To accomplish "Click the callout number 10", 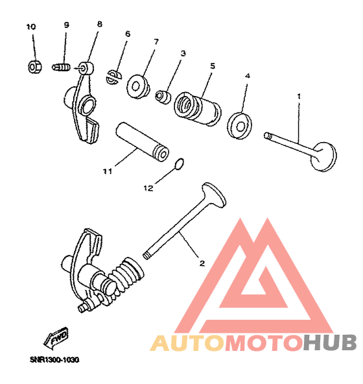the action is click(31, 27).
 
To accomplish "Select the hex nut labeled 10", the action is click(35, 67).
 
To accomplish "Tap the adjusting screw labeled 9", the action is click(61, 67).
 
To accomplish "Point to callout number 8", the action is click(99, 24).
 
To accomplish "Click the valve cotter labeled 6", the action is click(114, 77).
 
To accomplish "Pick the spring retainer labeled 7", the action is click(138, 86).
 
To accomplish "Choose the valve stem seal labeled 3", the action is click(163, 97).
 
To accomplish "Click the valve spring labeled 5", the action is click(198, 109).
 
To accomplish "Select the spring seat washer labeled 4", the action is click(240, 126).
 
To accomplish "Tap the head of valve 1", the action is click(323, 156).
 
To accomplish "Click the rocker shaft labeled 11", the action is click(142, 141).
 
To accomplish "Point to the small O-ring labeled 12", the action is click(180, 164).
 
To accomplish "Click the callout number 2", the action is click(202, 263).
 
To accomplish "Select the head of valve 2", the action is click(214, 195).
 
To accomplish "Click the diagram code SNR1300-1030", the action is click(54, 360).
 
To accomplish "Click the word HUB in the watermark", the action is click(329, 343).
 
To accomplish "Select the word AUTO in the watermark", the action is click(187, 343).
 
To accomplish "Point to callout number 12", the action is click(148, 188).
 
